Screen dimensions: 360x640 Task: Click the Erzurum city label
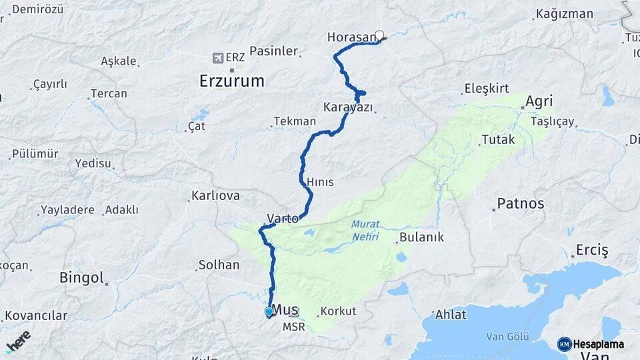[231, 81]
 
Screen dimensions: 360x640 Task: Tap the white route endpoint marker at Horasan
[380, 35]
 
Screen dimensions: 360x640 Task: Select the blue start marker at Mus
[269, 311]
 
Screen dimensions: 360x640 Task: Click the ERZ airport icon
[217, 58]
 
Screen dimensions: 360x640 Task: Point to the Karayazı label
[347, 107]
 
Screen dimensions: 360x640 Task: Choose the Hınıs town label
[320, 182]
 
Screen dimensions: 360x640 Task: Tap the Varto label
[282, 218]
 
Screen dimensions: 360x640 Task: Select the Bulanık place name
[421, 237]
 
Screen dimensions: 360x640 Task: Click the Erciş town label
[593, 251]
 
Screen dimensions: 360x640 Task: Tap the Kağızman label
[564, 13]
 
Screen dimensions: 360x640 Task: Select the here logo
[18, 340]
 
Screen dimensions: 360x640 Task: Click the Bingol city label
[81, 277]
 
